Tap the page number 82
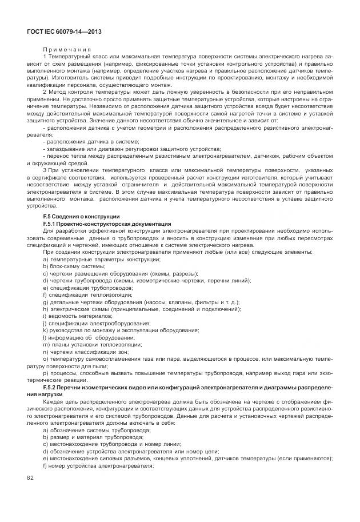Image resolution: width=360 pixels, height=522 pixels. tap(30, 477)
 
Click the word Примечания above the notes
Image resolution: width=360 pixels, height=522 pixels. tap(67, 50)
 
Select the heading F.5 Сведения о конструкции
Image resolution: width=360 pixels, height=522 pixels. tap(81, 217)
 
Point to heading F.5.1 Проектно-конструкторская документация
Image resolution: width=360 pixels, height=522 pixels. tap(106, 224)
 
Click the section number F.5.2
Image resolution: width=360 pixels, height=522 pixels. tap(53, 388)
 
